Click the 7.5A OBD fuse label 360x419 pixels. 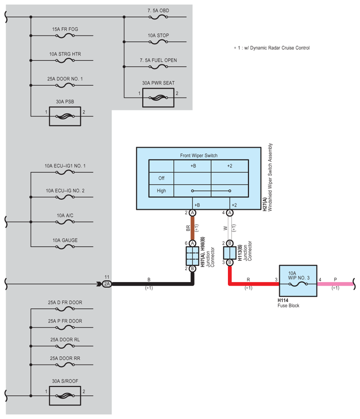[x=158, y=11]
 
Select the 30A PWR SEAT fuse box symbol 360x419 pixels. [x=158, y=98]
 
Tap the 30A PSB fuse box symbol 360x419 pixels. [x=65, y=116]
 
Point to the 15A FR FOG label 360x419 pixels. [x=65, y=29]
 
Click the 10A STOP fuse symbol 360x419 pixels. [x=158, y=42]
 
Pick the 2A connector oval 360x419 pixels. [x=107, y=284]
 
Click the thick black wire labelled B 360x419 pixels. [x=152, y=284]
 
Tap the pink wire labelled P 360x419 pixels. [x=336, y=284]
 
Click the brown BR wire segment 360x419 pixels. [x=192, y=228]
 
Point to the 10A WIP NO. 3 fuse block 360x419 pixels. [x=298, y=281]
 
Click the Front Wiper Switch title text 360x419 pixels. [x=199, y=155]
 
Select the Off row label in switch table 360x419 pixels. [x=161, y=178]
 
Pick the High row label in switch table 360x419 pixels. [x=161, y=191]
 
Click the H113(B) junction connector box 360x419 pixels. [x=229, y=253]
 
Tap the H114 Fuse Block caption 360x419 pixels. [x=288, y=303]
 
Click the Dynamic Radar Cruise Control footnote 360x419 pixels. [x=272, y=48]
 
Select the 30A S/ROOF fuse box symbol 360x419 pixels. [x=65, y=396]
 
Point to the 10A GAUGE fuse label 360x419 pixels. [x=65, y=240]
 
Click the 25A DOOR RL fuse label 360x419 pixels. [x=65, y=340]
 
